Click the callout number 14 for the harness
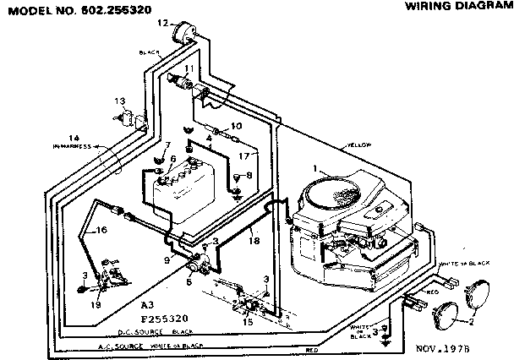tap(74, 138)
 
